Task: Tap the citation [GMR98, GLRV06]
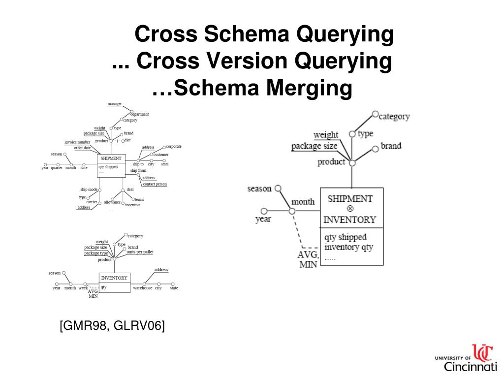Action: [x=112, y=326]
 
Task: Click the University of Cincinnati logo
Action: [x=467, y=358]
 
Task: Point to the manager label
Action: [x=115, y=104]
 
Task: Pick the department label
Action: [x=139, y=114]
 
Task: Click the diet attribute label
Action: [x=127, y=140]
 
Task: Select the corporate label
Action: [x=174, y=146]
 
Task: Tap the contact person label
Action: [x=155, y=184]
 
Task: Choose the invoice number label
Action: [x=77, y=142]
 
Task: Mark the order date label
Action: [x=82, y=148]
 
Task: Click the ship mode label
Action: [x=89, y=189]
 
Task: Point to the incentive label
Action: [x=132, y=205]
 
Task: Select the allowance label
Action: [x=112, y=202]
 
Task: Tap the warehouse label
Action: [x=143, y=288]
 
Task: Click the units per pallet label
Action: [x=140, y=252]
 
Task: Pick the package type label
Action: [x=96, y=253]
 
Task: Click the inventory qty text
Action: [x=348, y=247]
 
